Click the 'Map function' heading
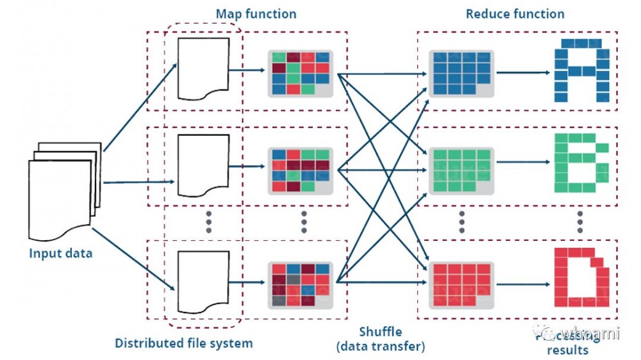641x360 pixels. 256,13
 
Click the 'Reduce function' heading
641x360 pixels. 515,13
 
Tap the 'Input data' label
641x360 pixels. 61,253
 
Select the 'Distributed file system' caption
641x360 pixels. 183,343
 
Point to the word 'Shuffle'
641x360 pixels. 381,332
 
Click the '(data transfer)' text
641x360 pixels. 381,347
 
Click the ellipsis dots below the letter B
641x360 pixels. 579,221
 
